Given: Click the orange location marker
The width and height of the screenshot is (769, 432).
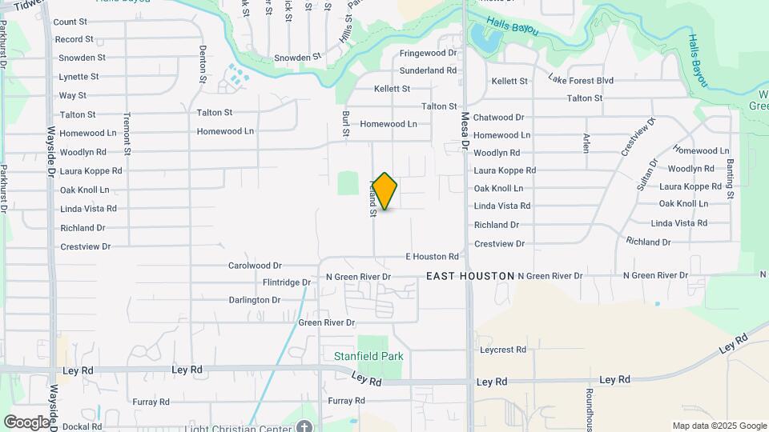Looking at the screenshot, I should pyautogui.click(x=384, y=191).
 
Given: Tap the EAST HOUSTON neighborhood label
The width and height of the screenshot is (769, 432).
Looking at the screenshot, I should pyautogui.click(x=470, y=276).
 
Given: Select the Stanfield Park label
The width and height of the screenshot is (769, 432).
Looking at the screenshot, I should pyautogui.click(x=368, y=356).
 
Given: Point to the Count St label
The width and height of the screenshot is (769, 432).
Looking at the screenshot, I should pyautogui.click(x=70, y=22).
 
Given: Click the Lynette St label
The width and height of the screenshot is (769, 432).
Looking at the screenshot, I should pyautogui.click(x=79, y=77).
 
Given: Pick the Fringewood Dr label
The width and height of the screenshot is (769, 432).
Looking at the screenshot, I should pyautogui.click(x=429, y=53).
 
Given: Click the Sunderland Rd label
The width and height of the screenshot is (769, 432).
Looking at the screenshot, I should pyautogui.click(x=428, y=70).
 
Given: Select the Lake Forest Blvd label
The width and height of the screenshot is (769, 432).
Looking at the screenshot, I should pyautogui.click(x=581, y=80).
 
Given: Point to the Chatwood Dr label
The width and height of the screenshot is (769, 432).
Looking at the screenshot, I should pyautogui.click(x=498, y=117).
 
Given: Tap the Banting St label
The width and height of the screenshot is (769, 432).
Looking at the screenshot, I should pyautogui.click(x=730, y=178).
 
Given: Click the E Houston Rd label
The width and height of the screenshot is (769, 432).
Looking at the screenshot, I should pyautogui.click(x=433, y=257).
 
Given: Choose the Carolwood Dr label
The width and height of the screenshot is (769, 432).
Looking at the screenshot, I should pyautogui.click(x=255, y=266).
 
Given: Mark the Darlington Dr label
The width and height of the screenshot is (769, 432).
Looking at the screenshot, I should pyautogui.click(x=254, y=300).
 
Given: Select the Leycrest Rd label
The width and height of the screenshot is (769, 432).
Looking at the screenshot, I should pyautogui.click(x=503, y=350).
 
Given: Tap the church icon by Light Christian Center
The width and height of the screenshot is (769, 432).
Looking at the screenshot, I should pyautogui.click(x=304, y=426).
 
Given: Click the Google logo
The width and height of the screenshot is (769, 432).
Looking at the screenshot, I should pyautogui.click(x=27, y=422).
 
